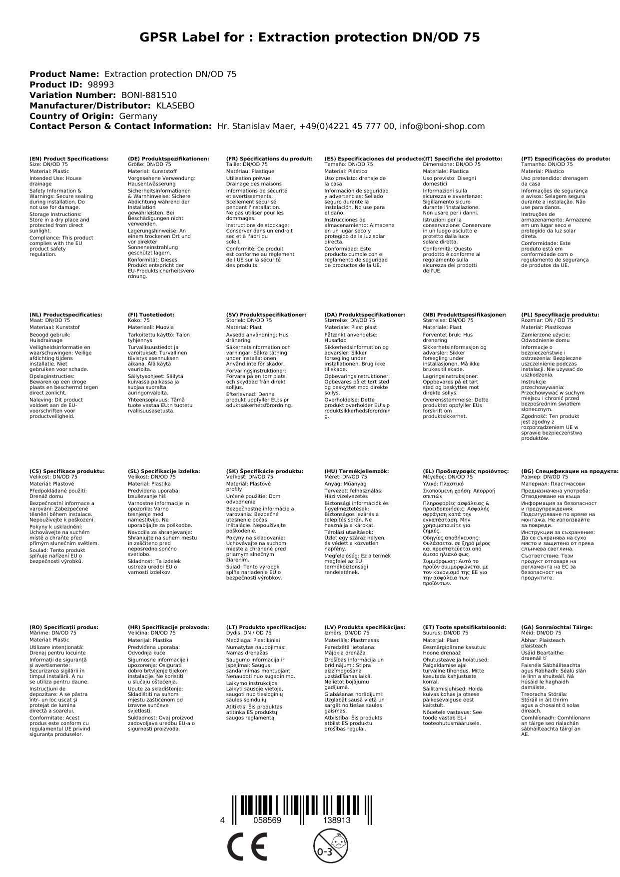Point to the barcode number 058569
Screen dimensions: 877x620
tap(267, 820)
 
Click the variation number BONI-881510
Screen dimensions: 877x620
tap(149, 95)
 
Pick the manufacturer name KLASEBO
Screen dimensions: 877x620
tap(175, 105)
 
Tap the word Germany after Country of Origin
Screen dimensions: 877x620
tap(138, 116)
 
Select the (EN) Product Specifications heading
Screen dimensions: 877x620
tap(69, 158)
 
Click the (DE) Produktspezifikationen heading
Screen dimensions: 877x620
tap(168, 158)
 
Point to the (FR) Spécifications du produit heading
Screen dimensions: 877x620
tap(269, 158)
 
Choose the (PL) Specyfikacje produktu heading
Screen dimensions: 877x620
tap(560, 315)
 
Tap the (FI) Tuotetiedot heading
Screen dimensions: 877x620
tap(151, 315)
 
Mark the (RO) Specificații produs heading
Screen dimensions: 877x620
tap(64, 627)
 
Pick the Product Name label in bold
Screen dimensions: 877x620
tap(64, 74)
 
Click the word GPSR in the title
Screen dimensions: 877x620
tap(160, 37)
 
